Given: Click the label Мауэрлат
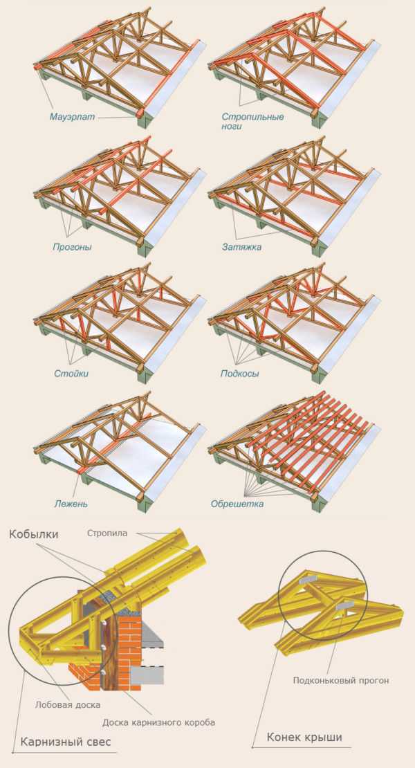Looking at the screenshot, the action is (73, 117).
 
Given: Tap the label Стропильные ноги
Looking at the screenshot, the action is (252, 122).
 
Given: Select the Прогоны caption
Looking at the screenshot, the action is (72, 247).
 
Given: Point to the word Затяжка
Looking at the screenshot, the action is (242, 247).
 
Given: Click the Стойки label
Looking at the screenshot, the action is (71, 374).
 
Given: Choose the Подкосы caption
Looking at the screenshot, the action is (240, 374).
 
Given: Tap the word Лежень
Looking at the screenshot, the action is (71, 503).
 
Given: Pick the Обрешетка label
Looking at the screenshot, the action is (237, 503).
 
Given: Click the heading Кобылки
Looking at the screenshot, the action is (33, 534).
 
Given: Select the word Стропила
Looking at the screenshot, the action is (107, 533).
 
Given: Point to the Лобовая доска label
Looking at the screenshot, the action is (68, 705).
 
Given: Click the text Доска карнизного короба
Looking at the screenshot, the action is (158, 722).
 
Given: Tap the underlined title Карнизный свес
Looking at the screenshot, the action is (66, 742).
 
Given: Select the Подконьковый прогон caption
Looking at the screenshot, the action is (341, 681).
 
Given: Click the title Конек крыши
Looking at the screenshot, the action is (304, 737).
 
